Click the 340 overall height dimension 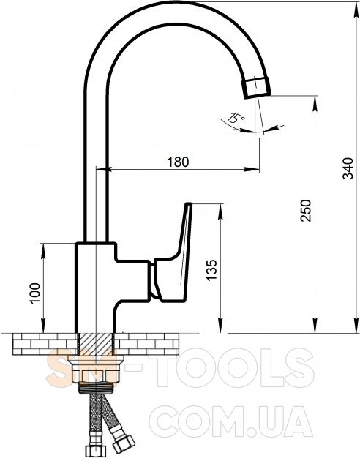pyautogui.click(x=349, y=168)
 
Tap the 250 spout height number pyautogui.click(x=305, y=211)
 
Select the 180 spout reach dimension pyautogui.click(x=178, y=162)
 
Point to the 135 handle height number pyautogui.click(x=211, y=270)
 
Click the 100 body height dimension pyautogui.click(x=34, y=293)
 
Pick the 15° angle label pyautogui.click(x=236, y=118)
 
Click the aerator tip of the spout pyautogui.click(x=256, y=87)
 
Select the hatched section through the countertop pyautogui.click(x=95, y=344)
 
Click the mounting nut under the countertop pyautogui.click(x=95, y=372)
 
